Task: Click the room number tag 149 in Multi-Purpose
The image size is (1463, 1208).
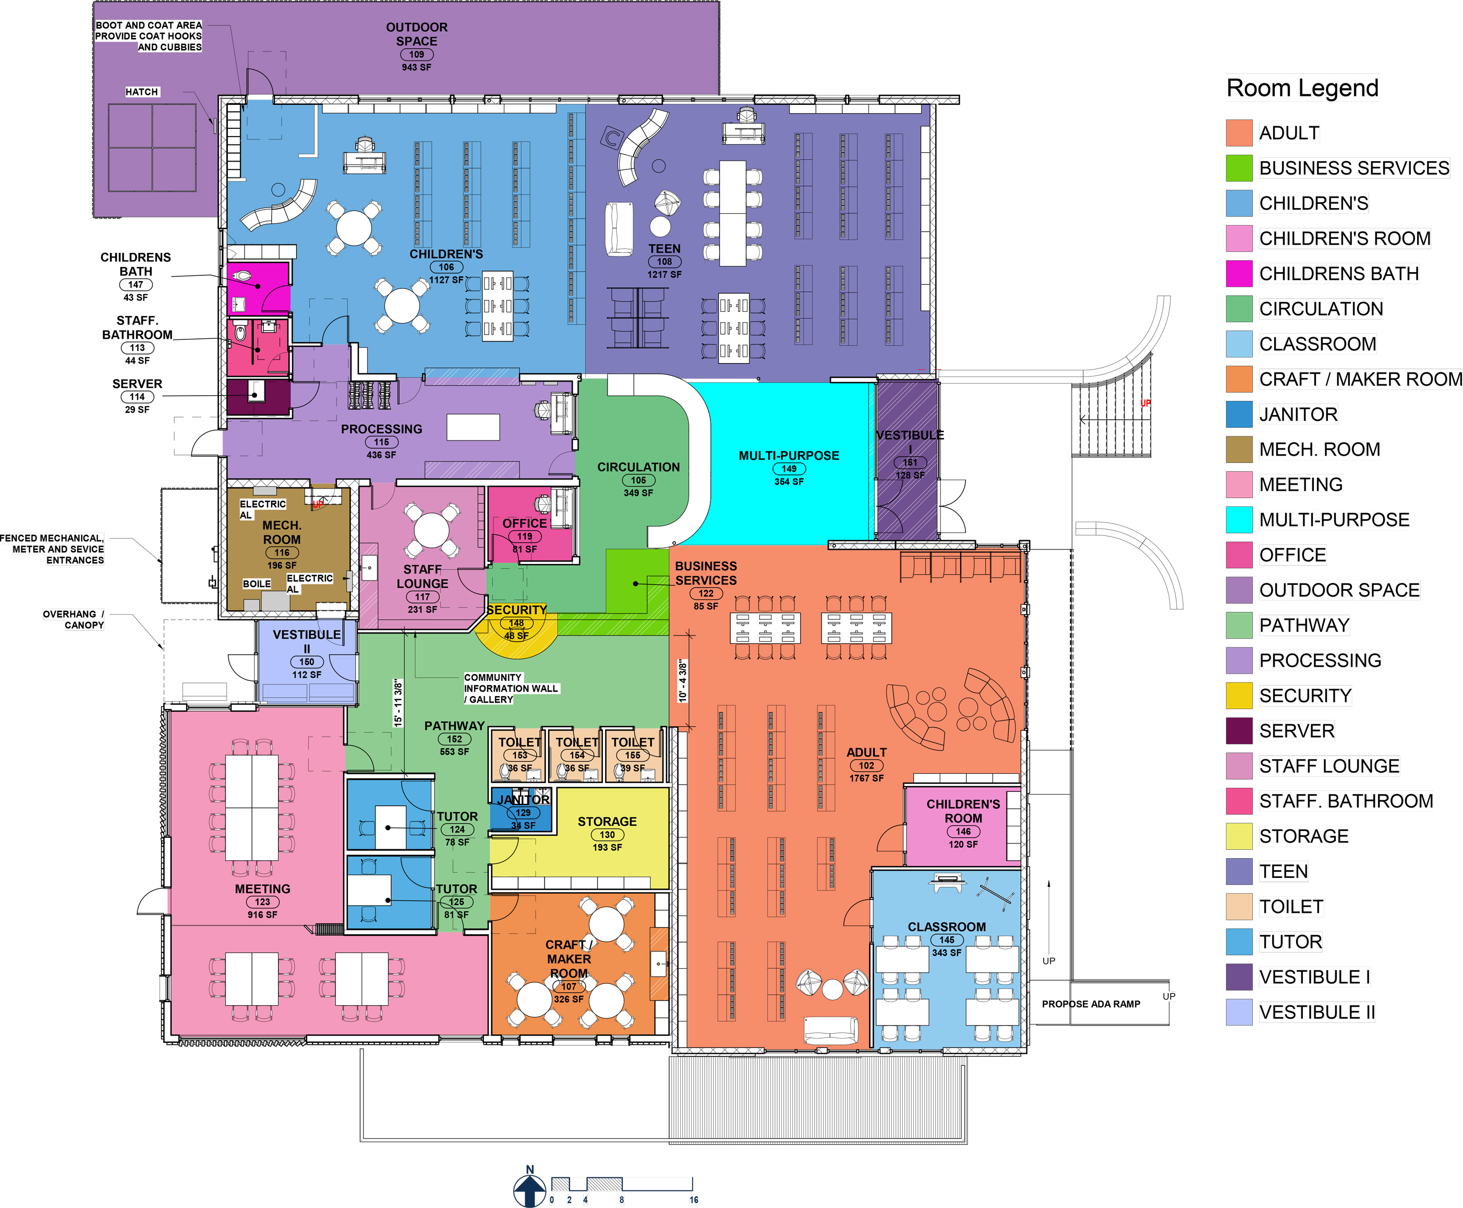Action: [789, 469]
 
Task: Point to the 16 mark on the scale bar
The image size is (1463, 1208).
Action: [693, 1200]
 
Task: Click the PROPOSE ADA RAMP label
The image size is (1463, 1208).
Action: [1091, 1004]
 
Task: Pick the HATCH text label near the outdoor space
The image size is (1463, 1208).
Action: [141, 92]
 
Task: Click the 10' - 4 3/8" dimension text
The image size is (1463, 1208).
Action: [683, 681]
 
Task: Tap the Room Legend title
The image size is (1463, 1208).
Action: [1301, 89]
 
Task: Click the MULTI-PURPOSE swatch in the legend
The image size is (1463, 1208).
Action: [1239, 519]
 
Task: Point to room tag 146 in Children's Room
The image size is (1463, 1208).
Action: [963, 832]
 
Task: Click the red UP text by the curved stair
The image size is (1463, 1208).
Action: [1145, 404]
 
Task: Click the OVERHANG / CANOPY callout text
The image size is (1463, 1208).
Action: [73, 619]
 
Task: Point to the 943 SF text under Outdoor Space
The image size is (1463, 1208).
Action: [416, 67]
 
